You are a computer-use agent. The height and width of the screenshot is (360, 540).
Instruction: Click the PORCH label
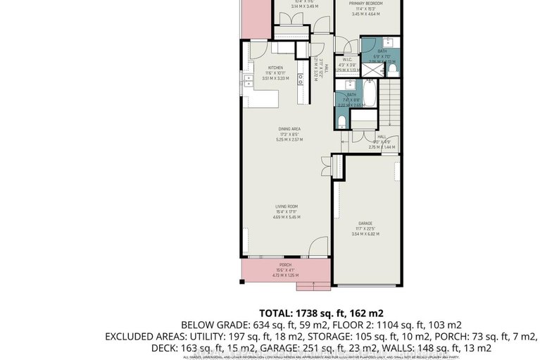coord(285,265)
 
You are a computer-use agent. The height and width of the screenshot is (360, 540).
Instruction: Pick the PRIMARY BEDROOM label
coord(370,4)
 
